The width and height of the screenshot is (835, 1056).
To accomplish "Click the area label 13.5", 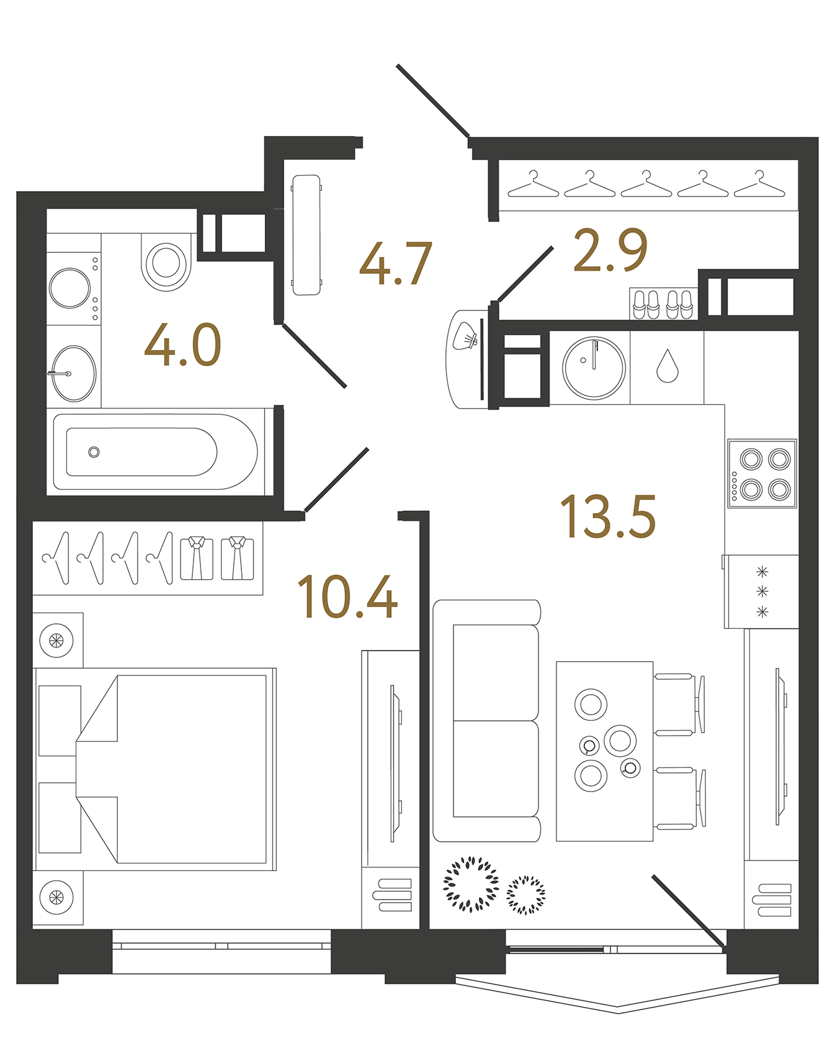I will click(x=607, y=517).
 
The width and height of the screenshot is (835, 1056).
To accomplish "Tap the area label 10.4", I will click(x=347, y=597).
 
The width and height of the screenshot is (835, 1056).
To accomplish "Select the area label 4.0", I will click(x=182, y=345).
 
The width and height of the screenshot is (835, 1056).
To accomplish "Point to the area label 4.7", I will click(x=395, y=264).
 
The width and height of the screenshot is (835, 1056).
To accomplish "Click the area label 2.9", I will click(x=610, y=250).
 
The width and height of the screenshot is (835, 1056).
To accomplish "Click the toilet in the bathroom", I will click(x=166, y=261).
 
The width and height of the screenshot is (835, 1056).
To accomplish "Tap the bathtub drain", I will click(x=94, y=452).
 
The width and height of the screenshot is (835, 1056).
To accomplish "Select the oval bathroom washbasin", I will click(x=74, y=374).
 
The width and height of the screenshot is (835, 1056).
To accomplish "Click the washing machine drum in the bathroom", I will click(x=70, y=288).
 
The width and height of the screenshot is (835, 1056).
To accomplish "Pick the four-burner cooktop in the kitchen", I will click(x=762, y=474).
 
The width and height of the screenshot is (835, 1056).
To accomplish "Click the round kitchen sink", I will click(x=594, y=368).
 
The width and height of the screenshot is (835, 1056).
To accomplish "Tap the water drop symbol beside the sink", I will click(x=667, y=366).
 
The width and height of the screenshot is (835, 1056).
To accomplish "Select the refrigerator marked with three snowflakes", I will click(x=762, y=591).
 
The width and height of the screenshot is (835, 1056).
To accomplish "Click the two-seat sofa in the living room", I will click(x=487, y=721).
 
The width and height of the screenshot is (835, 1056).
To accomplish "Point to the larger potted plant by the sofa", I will click(x=470, y=884).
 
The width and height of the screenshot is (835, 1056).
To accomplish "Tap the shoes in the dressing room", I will click(x=662, y=304).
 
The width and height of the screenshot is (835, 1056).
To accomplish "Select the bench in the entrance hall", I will click(x=306, y=235).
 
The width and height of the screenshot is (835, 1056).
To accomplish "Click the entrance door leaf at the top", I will click(x=432, y=100).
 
